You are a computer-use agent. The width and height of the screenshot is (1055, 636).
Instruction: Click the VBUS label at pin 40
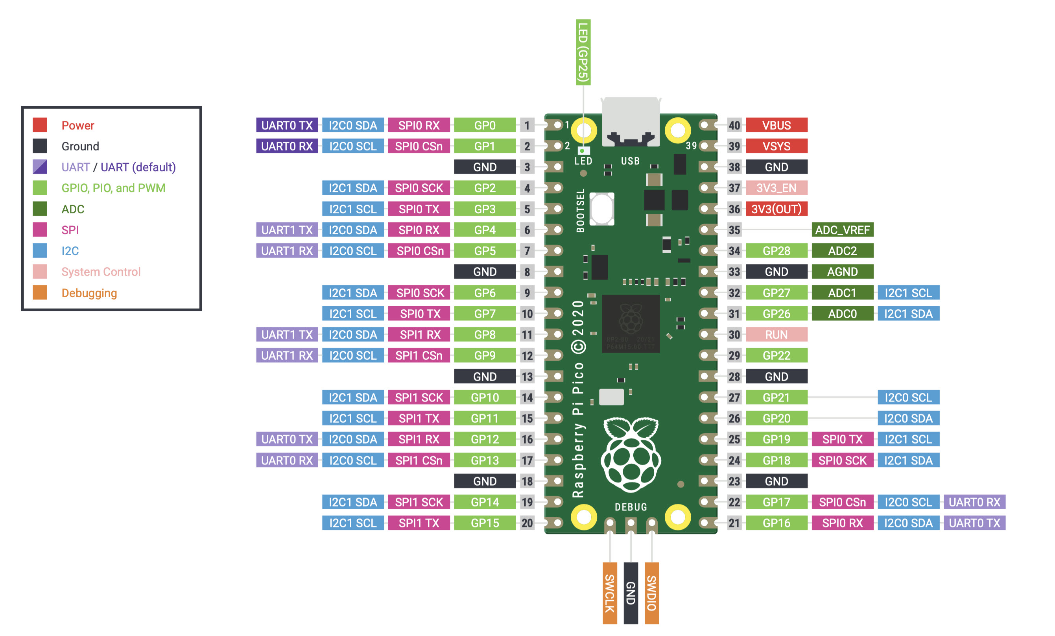[776, 125]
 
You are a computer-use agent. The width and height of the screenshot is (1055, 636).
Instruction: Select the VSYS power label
[776, 146]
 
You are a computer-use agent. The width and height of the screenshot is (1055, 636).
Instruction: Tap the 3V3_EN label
[776, 188]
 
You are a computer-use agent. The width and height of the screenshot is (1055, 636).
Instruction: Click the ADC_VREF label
[842, 229]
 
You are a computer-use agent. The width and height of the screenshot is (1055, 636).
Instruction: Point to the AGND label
[842, 272]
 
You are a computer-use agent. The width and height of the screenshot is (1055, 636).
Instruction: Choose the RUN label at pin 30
[776, 335]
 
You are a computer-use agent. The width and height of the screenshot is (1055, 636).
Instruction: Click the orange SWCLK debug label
[610, 593]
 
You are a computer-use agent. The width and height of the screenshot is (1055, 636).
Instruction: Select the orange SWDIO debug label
[652, 593]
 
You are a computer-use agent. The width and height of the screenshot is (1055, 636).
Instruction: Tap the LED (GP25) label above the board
[583, 52]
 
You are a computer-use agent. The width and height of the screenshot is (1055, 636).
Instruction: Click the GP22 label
[776, 355]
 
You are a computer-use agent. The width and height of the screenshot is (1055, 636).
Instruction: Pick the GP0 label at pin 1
[485, 125]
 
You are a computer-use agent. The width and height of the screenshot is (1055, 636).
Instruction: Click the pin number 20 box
[527, 523]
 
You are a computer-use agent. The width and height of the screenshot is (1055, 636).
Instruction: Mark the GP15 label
[485, 523]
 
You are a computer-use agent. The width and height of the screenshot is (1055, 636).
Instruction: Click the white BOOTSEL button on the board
[601, 209]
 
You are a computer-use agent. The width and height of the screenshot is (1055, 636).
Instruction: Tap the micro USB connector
[630, 122]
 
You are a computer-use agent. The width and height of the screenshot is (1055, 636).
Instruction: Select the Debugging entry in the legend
[89, 293]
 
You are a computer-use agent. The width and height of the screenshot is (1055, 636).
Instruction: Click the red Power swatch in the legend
[40, 125]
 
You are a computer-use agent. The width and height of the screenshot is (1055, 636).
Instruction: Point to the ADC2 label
[842, 251]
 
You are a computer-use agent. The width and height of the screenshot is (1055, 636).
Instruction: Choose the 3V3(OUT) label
[776, 209]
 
